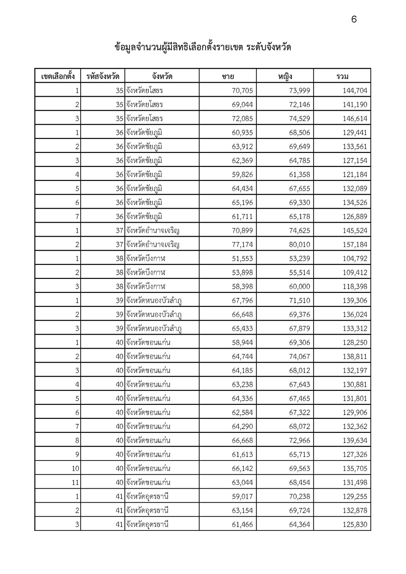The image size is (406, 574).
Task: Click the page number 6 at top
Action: coord(354,20)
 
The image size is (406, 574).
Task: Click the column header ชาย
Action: coord(228,76)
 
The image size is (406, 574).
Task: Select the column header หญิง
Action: coord(285,76)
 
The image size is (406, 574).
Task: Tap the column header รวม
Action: coord(342,76)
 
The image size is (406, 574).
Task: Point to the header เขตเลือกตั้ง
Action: coord(58,76)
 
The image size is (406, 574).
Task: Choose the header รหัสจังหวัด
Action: coord(103,76)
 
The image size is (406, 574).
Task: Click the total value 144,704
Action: coord(355,91)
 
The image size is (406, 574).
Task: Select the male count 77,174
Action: coord(242,245)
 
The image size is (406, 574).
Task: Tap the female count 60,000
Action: coord(299,287)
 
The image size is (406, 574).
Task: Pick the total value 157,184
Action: coord(355,245)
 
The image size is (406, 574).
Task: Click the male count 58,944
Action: coord(242,343)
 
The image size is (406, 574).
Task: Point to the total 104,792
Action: coord(355,259)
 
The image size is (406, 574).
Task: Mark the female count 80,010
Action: coord(299,245)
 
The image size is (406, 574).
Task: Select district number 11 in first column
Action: coord(75,483)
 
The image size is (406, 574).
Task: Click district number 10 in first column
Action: coord(75,469)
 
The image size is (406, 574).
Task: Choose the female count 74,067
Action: coord(299,357)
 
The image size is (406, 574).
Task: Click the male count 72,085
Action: coord(242,119)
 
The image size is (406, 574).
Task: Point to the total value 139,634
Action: coord(355,441)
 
